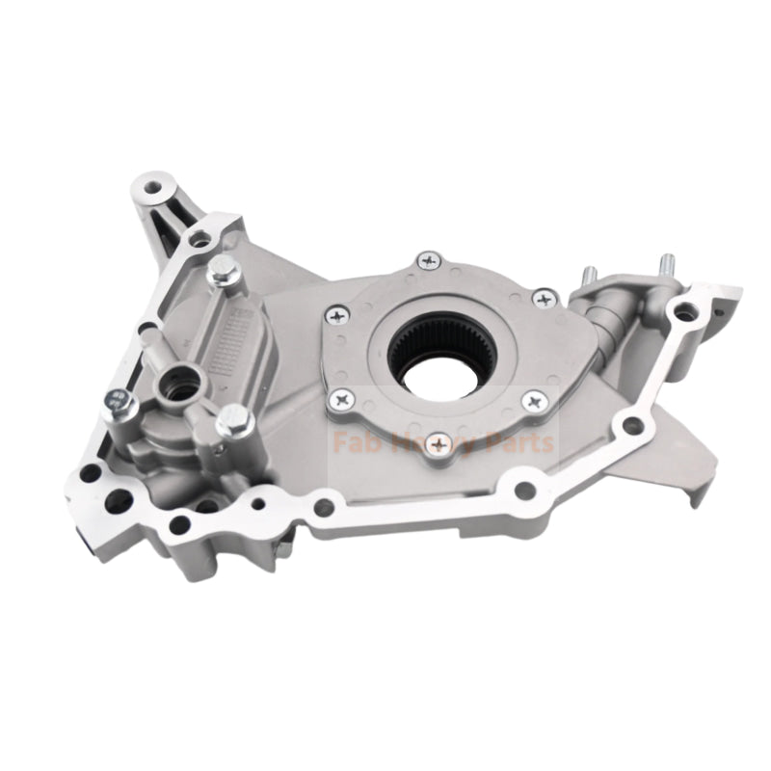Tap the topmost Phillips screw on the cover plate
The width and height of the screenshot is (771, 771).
[x=427, y=260]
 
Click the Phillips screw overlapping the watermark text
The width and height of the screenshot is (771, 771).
[x=439, y=442]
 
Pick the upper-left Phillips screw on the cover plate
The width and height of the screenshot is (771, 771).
[x=336, y=314]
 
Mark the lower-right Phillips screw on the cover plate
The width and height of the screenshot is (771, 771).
[x=531, y=400]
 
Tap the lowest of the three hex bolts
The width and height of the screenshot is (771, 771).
[x=233, y=421]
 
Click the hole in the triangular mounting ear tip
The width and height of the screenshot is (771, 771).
[x=152, y=184]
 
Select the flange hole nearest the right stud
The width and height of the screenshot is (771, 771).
[x=683, y=311]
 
